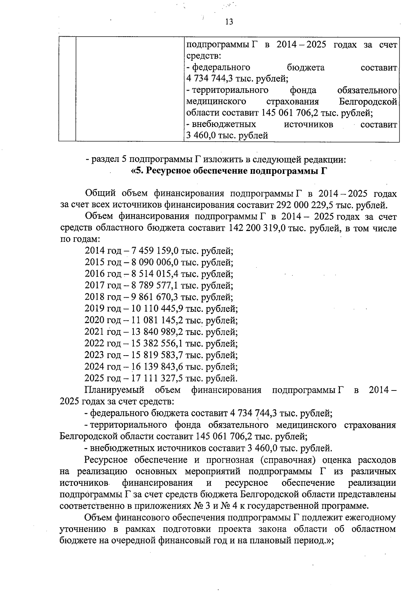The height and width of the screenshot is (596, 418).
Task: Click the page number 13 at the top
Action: pos(229,22)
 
